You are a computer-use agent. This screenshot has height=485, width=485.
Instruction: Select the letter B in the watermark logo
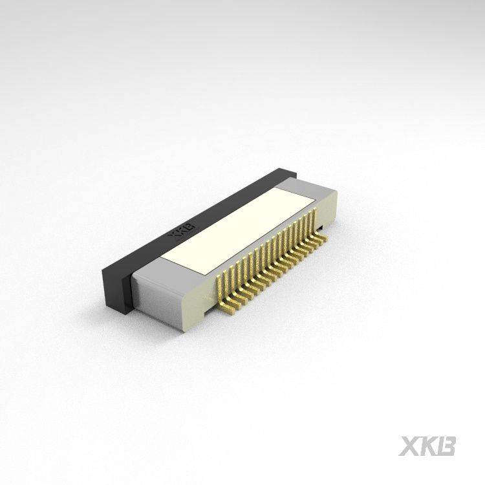coord(447,446)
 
